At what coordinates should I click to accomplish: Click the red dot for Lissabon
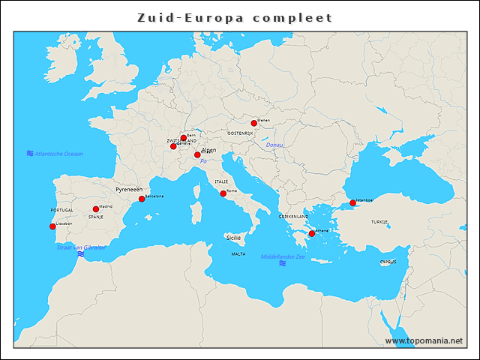tap(52, 226)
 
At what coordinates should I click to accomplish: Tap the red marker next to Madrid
tap(96, 209)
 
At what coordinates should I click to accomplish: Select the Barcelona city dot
tap(142, 199)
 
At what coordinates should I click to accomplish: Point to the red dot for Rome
tap(223, 194)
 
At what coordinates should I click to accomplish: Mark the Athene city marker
tap(312, 234)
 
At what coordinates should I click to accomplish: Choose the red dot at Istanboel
tap(353, 202)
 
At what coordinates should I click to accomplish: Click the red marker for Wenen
tap(254, 123)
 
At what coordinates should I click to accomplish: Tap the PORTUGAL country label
tap(62, 211)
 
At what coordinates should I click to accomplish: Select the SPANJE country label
tap(96, 217)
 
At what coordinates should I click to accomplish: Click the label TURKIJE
tap(379, 223)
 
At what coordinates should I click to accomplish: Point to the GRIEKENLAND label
tap(294, 216)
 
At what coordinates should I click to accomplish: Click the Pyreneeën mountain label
tap(129, 190)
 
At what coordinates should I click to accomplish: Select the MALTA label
tap(238, 254)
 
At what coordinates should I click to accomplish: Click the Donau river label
tap(274, 145)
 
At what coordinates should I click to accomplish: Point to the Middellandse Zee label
tap(283, 256)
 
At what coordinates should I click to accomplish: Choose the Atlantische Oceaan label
tap(58, 154)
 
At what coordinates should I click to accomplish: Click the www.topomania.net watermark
tap(424, 340)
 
